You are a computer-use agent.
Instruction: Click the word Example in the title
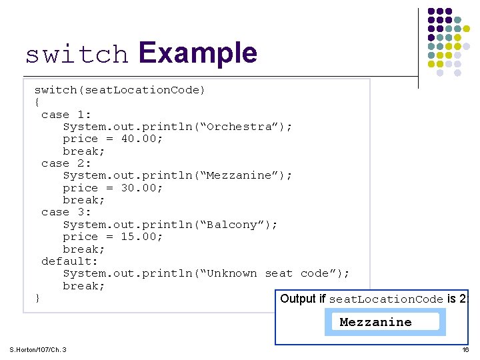(198, 53)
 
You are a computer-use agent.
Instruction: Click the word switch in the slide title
(77, 55)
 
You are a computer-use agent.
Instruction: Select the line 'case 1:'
(66, 115)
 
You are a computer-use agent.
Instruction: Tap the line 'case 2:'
(66, 163)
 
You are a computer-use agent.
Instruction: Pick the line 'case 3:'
(66, 212)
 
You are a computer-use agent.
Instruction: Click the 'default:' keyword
(69, 261)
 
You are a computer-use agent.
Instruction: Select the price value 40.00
(141, 139)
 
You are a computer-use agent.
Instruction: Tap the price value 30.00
(141, 188)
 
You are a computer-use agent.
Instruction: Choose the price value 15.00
(141, 237)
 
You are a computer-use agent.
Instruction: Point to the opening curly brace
(37, 102)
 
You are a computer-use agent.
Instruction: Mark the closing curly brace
(37, 298)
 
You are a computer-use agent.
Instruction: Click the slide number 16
(466, 350)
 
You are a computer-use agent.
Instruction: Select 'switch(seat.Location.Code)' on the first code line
(120, 90)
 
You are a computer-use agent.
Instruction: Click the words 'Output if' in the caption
(303, 299)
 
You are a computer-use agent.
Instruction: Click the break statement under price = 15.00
(84, 249)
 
